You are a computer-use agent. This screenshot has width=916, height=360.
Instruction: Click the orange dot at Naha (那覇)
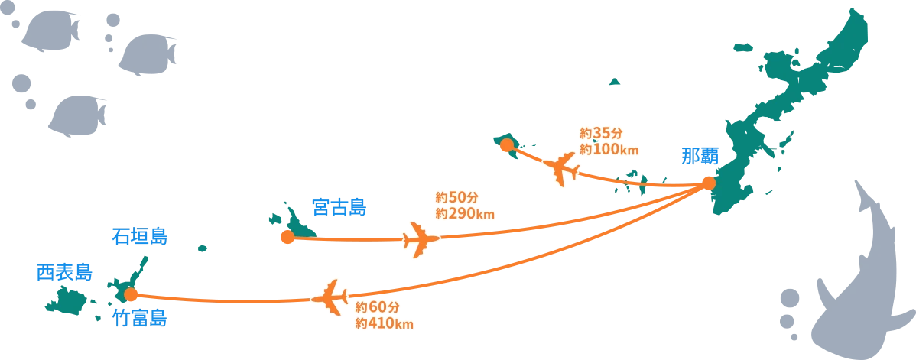pos(708,183)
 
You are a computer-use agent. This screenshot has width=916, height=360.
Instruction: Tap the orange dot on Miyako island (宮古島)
pos(287,237)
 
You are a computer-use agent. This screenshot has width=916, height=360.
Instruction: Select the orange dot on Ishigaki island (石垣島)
pos(131,294)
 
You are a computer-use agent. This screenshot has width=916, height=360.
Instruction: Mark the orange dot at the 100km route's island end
pos(505,144)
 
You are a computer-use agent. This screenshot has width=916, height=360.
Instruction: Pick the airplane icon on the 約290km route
pos(420,240)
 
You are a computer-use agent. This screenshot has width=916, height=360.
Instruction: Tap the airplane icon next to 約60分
pos(332,297)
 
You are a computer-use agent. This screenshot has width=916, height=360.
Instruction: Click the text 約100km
pos(609,150)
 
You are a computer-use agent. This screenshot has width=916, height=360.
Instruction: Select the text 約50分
pos(456,198)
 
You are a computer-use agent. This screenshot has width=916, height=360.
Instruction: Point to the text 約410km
pos(385,323)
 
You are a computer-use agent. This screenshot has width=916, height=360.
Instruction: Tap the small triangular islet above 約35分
pos(616,80)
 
